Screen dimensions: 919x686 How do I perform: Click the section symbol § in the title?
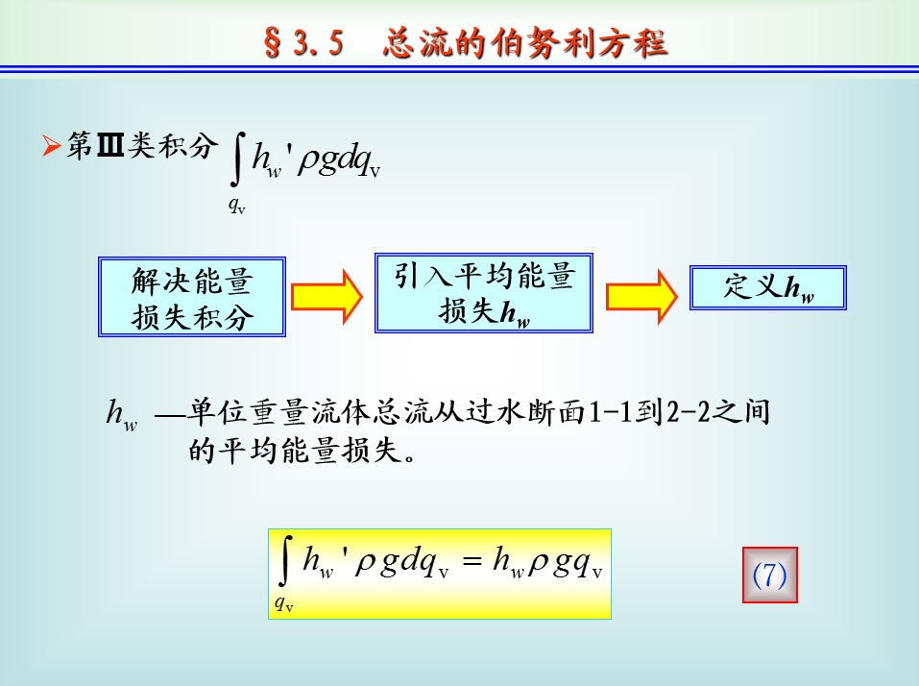point(272,43)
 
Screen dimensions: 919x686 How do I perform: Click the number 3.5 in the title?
point(318,43)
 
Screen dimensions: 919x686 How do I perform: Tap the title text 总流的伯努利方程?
point(525,43)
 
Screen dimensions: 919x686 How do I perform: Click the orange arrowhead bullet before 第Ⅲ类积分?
point(52,145)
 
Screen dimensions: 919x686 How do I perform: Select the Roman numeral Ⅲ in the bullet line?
point(109,145)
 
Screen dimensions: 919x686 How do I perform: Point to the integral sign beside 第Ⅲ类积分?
point(237,159)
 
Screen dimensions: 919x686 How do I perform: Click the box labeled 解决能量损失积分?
point(192,297)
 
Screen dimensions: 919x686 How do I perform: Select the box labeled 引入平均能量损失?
point(484,293)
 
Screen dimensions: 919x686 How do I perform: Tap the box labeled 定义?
point(768,287)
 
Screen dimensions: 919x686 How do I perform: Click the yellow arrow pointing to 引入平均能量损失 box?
point(327,297)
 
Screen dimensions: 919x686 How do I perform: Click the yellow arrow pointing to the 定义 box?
point(641,297)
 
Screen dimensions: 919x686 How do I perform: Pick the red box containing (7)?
point(769,575)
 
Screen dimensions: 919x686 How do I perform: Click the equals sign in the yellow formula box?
point(472,561)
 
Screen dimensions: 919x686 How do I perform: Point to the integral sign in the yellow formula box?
point(285,561)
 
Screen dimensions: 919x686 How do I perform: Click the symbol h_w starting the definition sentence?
point(121,414)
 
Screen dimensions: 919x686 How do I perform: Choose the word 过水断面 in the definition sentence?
point(525,411)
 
